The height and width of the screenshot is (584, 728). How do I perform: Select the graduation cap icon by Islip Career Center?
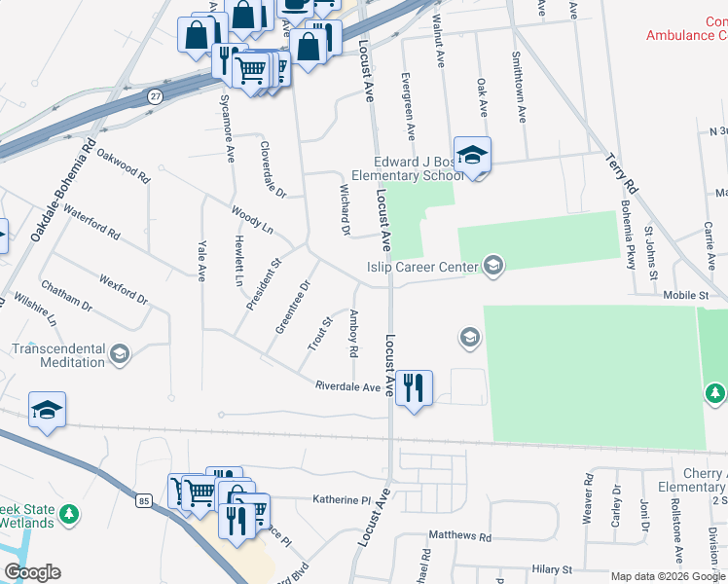492,266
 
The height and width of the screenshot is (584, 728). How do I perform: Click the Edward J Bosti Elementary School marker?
472,156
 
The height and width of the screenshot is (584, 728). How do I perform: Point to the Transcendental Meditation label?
57,355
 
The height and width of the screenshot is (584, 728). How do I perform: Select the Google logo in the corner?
32,572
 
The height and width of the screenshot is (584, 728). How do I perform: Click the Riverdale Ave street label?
347,386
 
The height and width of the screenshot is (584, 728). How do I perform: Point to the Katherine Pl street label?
342,499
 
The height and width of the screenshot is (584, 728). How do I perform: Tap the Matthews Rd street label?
459,536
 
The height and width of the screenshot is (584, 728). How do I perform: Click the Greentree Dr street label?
292,307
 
